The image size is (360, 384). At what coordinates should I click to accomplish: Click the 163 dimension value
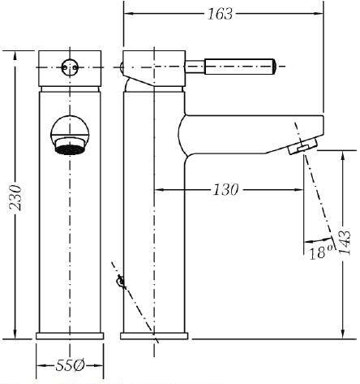(220, 14)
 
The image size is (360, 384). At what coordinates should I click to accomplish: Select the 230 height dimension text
(15, 198)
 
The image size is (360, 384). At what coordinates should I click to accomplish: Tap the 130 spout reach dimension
(226, 190)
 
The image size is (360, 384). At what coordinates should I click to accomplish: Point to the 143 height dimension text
(345, 243)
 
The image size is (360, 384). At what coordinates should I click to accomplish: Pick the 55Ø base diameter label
(70, 366)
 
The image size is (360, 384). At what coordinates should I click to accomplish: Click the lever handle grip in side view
(240, 67)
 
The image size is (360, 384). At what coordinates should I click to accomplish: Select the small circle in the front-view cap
(70, 67)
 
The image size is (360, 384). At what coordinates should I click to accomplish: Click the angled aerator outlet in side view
(303, 146)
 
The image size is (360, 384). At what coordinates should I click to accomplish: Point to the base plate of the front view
(70, 336)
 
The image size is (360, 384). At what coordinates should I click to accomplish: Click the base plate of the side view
(154, 336)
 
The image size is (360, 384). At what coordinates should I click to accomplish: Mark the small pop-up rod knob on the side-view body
(120, 282)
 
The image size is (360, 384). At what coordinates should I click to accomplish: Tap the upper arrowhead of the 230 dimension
(15, 55)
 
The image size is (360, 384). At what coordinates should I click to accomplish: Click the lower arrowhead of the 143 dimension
(342, 334)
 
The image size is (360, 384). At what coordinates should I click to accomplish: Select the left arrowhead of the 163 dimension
(129, 13)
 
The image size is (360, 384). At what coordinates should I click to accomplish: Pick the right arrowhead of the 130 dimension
(299, 190)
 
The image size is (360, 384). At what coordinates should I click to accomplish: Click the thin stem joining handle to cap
(195, 67)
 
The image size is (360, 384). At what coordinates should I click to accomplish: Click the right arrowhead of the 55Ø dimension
(99, 366)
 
